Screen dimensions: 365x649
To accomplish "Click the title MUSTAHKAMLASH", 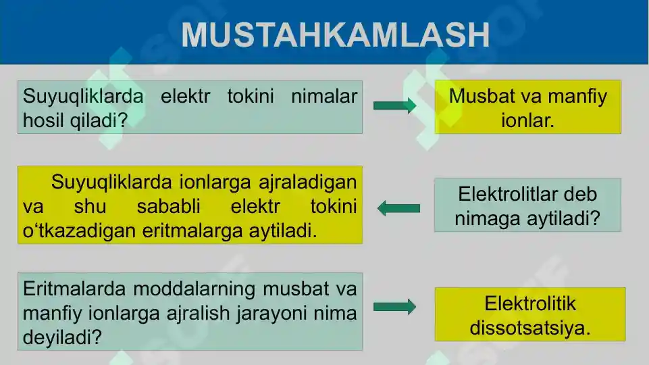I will (x=335, y=34).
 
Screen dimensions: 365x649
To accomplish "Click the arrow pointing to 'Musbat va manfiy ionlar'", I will (x=394, y=105).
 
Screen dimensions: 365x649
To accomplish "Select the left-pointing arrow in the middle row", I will (x=398, y=208).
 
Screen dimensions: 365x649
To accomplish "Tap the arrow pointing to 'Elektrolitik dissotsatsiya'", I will (x=394, y=308).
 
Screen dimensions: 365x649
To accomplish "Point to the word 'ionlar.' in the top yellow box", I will (x=527, y=121).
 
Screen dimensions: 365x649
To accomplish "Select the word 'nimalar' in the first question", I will (x=323, y=97).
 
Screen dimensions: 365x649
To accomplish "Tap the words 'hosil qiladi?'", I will (x=76, y=120).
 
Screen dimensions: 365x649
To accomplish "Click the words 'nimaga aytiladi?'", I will (x=527, y=219).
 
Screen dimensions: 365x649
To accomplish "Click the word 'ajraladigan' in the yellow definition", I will (x=307, y=182).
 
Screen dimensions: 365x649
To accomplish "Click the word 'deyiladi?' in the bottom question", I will (x=62, y=337).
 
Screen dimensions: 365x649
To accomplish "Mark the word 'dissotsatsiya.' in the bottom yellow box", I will (x=530, y=328).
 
